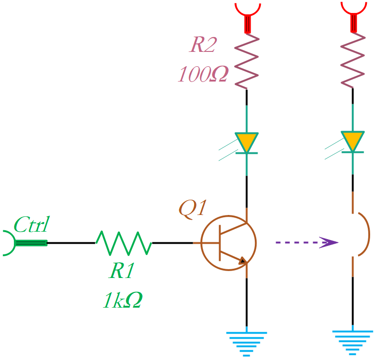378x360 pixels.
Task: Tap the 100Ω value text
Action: pos(203,74)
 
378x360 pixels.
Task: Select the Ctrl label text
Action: pos(31,225)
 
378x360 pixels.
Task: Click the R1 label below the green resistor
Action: pos(121,271)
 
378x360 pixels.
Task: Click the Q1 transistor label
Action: pos(192,208)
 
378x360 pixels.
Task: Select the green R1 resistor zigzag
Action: pos(124,243)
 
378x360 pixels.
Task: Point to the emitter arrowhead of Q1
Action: pos(242,261)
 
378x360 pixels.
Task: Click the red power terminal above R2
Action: pos(248,14)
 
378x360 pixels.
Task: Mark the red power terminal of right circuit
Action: pos(353,14)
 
